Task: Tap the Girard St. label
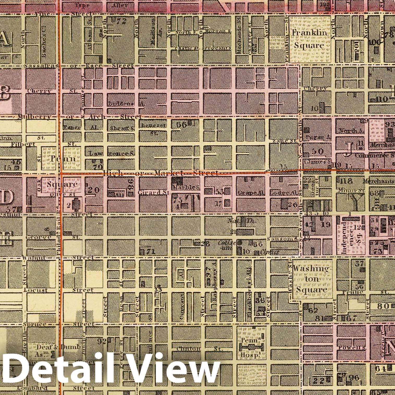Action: click(154, 193)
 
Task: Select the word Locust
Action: click(36, 290)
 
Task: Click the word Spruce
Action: click(34, 325)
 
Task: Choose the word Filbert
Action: click(23, 144)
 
